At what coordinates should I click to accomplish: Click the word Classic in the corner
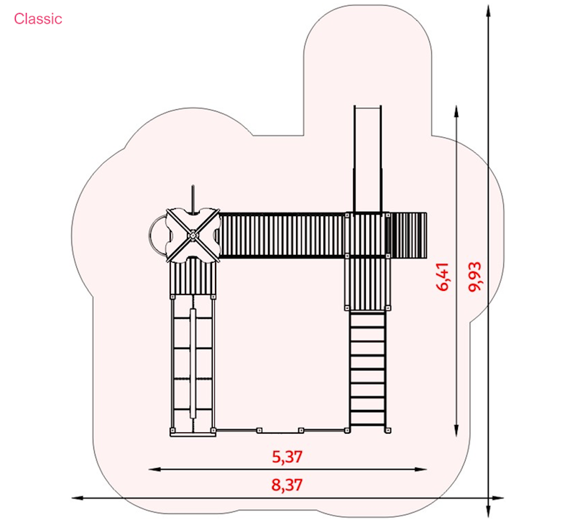point(38,19)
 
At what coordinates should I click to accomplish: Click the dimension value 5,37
point(287,457)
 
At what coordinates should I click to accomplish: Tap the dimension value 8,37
point(287,485)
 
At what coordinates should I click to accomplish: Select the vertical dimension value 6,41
point(443,276)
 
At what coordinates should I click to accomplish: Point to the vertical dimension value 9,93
point(476,276)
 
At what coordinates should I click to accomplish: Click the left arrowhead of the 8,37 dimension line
point(76,498)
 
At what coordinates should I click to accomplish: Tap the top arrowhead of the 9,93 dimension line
point(488,11)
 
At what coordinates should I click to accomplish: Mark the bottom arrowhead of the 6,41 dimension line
point(456,431)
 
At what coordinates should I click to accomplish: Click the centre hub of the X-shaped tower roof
point(193,236)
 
